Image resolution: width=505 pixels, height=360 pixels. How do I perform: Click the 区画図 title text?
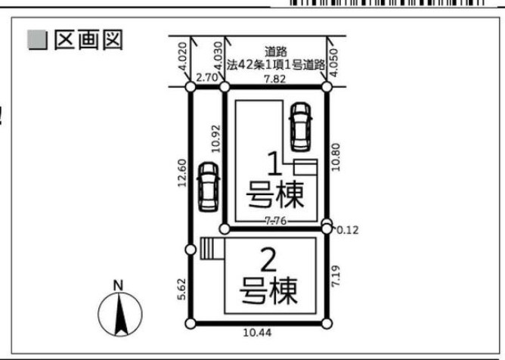click(88, 40)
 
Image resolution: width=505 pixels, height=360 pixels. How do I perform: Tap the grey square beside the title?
click(38, 40)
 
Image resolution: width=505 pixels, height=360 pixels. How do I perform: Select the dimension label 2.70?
click(206, 78)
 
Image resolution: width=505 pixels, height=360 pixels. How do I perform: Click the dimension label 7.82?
click(275, 79)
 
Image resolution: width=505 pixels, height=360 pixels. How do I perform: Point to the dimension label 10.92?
click(216, 138)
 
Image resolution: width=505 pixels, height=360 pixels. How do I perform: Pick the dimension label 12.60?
click(182, 172)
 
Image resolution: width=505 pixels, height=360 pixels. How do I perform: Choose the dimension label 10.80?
click(336, 157)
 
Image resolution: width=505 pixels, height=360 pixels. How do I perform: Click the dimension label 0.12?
click(348, 230)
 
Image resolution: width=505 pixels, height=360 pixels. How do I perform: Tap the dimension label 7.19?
click(336, 276)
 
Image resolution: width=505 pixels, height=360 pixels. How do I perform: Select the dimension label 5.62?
click(182, 289)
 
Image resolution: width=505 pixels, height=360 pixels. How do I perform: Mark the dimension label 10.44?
click(257, 333)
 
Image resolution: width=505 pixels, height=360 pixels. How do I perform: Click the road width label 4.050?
click(334, 63)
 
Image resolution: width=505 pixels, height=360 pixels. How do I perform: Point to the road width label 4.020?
click(182, 56)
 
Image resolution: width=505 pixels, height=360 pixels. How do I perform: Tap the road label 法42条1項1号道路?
click(275, 65)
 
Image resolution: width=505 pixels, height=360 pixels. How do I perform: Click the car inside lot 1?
click(301, 126)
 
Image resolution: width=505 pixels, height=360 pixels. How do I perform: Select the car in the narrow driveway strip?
click(209, 187)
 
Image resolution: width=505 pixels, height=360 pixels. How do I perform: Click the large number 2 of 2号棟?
click(268, 261)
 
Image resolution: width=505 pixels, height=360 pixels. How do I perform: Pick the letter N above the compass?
click(119, 286)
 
